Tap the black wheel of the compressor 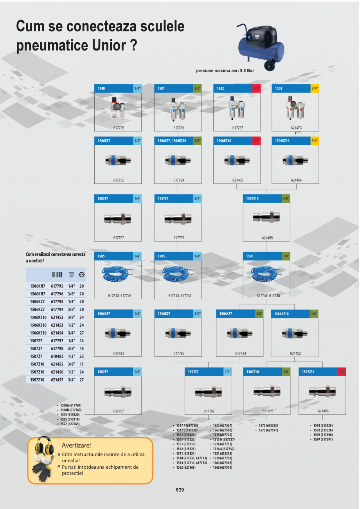pyautogui.click(x=269, y=65)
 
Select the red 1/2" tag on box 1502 pyautogui.click(x=256, y=88)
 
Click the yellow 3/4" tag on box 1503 pyautogui.click(x=315, y=88)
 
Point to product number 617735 pyautogui.click(x=119, y=128)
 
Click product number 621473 pyautogui.click(x=296, y=128)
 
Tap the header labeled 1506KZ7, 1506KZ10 pyautogui.click(x=174, y=140)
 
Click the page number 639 pyautogui.click(x=180, y=490)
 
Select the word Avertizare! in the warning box pyautogui.click(x=76, y=445)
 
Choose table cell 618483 pyautogui.click(x=57, y=356)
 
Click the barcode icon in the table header pyautogui.click(x=57, y=274)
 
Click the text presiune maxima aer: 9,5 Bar pyautogui.click(x=228, y=71)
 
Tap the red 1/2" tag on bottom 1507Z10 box pyautogui.click(x=342, y=372)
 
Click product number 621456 pyautogui.click(x=323, y=411)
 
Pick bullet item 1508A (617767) pyautogui.click(x=70, y=405)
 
